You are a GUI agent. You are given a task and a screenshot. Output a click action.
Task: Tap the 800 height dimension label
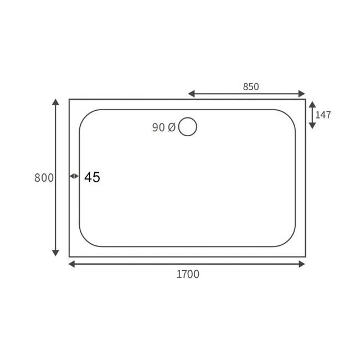click(x=44, y=178)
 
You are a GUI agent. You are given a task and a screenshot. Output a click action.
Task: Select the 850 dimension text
click(x=250, y=86)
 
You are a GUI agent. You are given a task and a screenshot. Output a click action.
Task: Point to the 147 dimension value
click(x=323, y=115)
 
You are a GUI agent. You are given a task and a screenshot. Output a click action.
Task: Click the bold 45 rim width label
click(x=92, y=178)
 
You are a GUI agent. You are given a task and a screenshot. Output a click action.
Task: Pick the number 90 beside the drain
click(x=158, y=127)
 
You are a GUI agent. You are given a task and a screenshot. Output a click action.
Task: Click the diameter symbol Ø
click(x=171, y=127)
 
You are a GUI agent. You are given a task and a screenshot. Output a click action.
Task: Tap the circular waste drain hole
click(x=188, y=127)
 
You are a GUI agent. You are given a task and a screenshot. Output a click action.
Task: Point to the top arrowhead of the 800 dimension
click(x=55, y=102)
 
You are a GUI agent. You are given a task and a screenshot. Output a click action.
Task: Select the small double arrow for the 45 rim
click(x=74, y=176)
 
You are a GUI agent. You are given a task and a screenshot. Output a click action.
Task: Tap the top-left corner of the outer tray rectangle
click(x=69, y=100)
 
